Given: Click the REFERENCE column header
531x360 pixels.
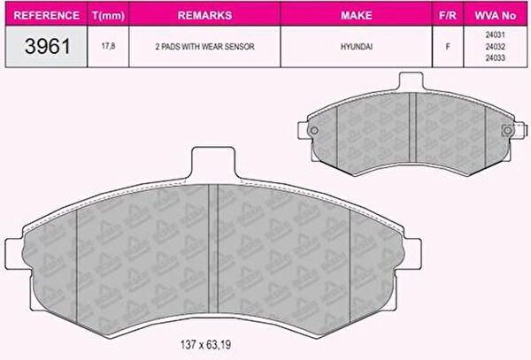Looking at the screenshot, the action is coord(46,15).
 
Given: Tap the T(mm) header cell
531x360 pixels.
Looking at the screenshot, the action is coord(108,16).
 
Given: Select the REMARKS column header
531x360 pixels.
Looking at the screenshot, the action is coord(205,15).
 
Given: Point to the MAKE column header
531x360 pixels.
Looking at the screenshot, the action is coord(357,15).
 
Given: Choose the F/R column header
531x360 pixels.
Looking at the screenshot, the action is coord(448,15).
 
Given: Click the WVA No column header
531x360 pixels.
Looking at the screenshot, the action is coord(495,15).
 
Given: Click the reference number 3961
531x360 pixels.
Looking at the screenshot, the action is coord(48,46).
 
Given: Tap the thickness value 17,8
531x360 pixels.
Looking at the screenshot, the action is coord(108,46).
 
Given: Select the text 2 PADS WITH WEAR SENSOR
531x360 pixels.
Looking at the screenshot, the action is coord(205,46).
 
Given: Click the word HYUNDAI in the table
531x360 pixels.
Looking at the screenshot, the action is coord(357,46).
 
